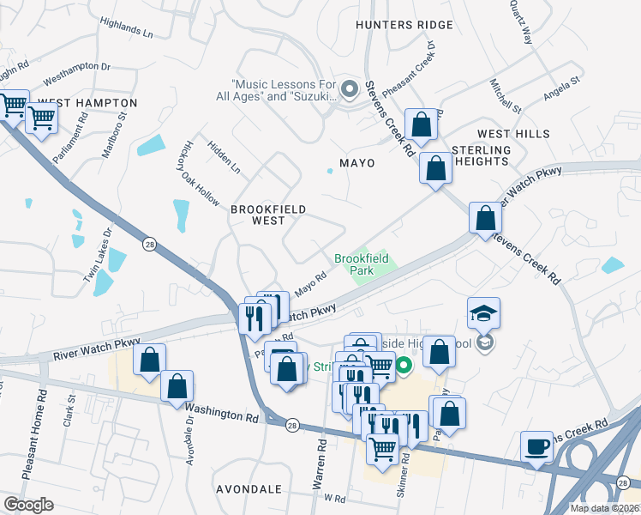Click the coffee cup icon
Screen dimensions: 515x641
click(537, 447)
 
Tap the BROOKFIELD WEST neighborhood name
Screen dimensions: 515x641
click(268, 215)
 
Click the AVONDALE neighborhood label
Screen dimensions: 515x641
click(250, 489)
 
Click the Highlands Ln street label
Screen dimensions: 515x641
click(126, 32)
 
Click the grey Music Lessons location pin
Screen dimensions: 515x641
click(349, 88)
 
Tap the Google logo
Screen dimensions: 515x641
click(28, 505)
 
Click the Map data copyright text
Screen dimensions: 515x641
click(604, 508)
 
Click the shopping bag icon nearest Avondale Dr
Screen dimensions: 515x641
click(177, 387)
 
